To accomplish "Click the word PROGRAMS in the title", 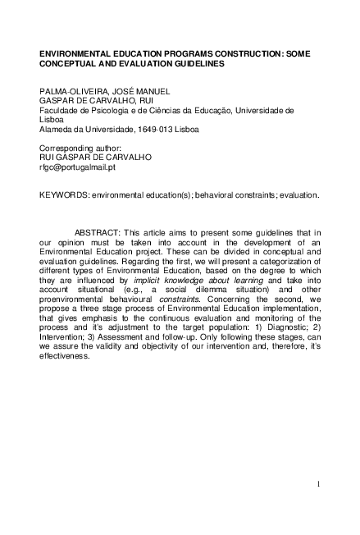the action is pos(171,51).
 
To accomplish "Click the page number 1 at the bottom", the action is pos(317,485).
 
